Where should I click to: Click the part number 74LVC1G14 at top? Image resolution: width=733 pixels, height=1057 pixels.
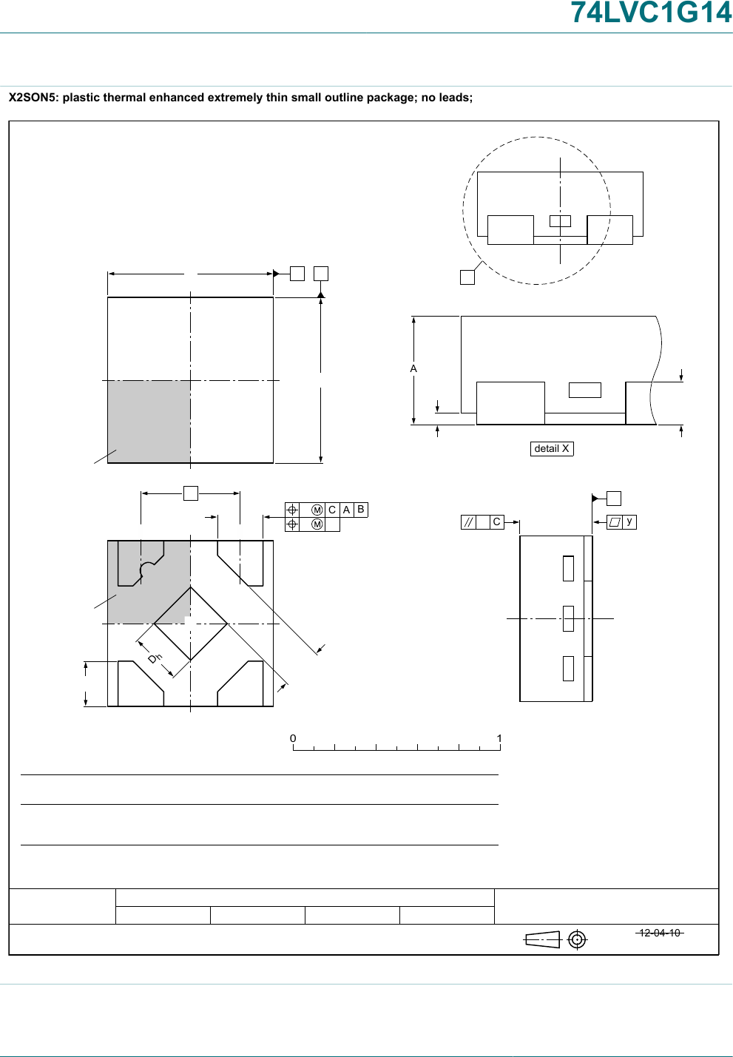652,13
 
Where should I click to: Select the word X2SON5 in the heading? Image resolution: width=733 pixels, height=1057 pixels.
32,98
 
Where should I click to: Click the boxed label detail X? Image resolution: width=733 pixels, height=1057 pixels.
552,449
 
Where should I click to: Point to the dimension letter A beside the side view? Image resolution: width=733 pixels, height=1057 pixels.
413,368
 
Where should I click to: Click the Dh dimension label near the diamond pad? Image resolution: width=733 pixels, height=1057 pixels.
155,658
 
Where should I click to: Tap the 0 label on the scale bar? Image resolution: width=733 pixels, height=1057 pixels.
293,738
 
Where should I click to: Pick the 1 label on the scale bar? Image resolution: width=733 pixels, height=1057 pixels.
499,738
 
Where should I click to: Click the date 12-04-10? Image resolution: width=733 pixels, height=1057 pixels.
660,933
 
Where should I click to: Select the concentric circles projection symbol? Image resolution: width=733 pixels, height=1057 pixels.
577,939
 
